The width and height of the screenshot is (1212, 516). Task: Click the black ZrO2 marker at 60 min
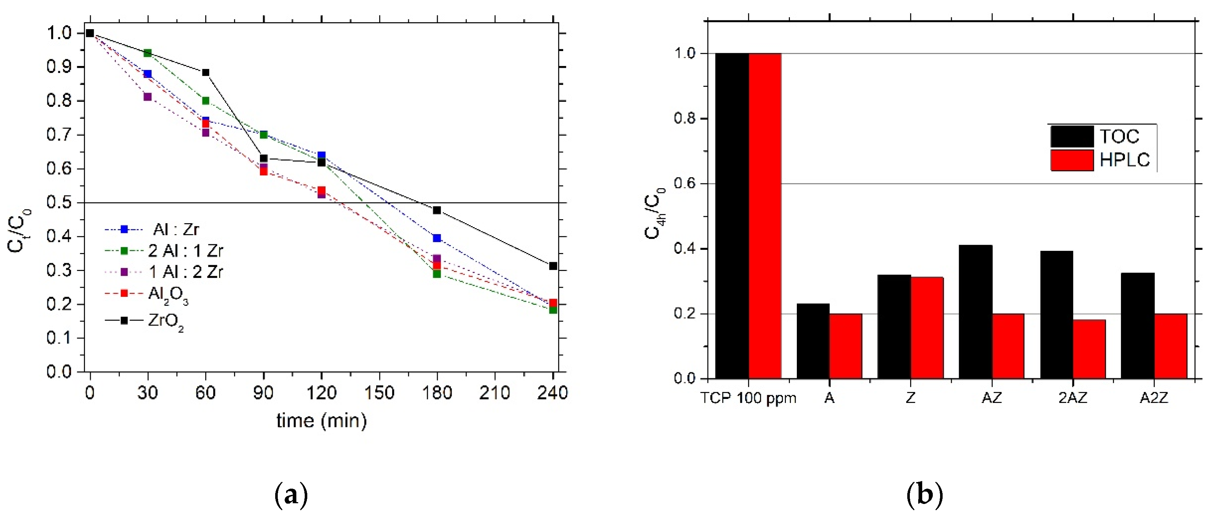[206, 73]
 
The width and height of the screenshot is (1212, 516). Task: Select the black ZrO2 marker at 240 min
[553, 266]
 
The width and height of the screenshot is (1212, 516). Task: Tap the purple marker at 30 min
[147, 97]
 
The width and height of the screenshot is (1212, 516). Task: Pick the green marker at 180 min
[437, 273]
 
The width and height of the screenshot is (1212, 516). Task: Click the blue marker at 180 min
[437, 238]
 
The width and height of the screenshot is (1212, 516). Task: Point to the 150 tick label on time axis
[379, 393]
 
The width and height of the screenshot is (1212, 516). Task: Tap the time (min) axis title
[321, 420]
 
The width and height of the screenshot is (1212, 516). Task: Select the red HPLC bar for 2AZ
[1089, 349]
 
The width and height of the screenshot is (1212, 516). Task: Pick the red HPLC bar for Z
[927, 328]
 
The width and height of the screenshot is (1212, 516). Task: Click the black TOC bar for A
[812, 341]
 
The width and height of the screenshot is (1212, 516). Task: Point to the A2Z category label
[1154, 398]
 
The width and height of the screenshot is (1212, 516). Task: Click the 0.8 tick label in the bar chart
[685, 118]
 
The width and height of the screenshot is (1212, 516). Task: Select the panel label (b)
[924, 495]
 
